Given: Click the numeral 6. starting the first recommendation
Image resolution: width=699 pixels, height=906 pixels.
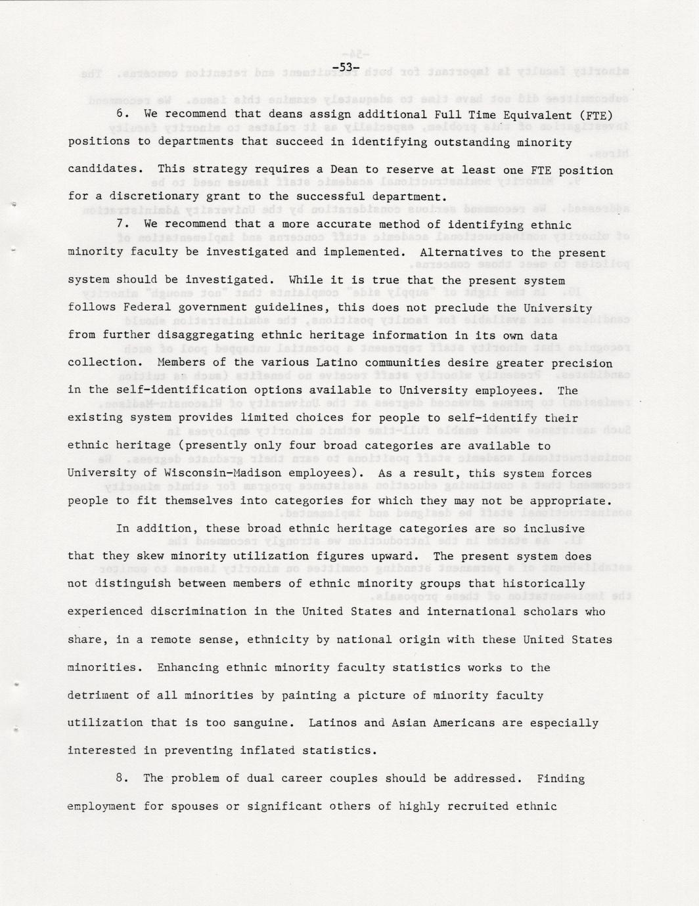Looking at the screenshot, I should coord(121,114).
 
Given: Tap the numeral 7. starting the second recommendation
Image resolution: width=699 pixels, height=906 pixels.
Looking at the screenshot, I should coord(121,225).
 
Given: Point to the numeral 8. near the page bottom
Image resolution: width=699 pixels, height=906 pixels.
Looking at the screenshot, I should coord(121,779).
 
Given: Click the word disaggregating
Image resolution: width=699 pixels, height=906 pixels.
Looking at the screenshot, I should coord(197,335).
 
